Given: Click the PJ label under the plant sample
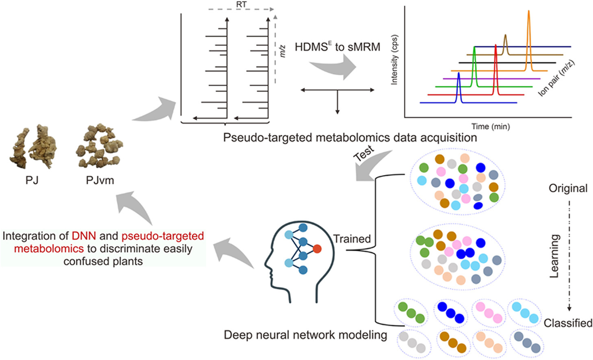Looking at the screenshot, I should click(32, 180).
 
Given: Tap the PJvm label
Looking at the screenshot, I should click(100, 180).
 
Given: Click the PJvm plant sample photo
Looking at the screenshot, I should click(100, 146).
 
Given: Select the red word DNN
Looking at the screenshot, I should click(84, 236).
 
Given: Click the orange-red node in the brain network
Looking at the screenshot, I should click(317, 249).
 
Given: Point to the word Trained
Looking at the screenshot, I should click(352, 239).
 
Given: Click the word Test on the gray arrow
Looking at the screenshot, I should click(364, 154).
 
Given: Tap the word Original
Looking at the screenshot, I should click(568, 188).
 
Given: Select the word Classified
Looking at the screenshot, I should click(568, 323).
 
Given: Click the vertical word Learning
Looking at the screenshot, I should click(554, 256).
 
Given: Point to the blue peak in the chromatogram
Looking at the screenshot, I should click(458, 87).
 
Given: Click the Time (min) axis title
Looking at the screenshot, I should click(490, 126).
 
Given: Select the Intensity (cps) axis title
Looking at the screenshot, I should click(394, 60).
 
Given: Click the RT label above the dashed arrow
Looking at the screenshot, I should click(241, 4).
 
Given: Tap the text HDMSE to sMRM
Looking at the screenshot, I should click(337, 47).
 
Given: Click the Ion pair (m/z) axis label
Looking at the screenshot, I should click(556, 78).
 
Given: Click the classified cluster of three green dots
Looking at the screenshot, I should click(411, 312).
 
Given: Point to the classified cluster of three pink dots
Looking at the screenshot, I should click(489, 312).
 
